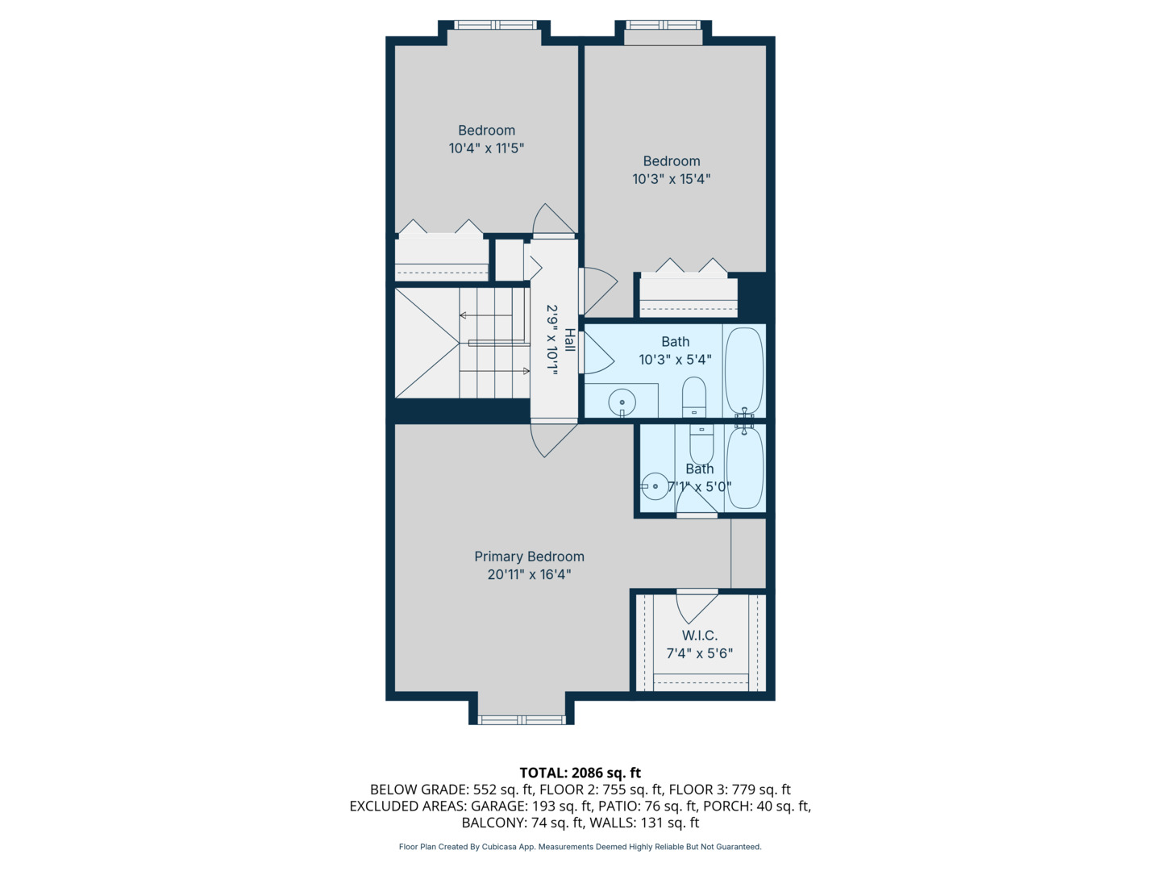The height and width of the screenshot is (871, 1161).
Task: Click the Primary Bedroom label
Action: pyautogui.click(x=529, y=556)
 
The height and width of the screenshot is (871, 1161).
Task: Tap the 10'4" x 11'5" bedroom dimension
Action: pyautogui.click(x=486, y=148)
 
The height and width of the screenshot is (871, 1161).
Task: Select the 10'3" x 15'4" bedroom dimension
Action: pyautogui.click(x=672, y=179)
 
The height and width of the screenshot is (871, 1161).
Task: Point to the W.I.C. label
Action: pyautogui.click(x=699, y=636)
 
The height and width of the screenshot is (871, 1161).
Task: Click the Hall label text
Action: pyautogui.click(x=570, y=340)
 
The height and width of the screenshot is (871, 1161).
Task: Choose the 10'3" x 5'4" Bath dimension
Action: pyautogui.click(x=675, y=360)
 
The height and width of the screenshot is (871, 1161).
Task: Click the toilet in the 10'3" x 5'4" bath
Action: pyautogui.click(x=693, y=397)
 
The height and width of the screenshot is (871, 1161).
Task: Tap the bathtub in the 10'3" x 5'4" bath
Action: pyautogui.click(x=743, y=371)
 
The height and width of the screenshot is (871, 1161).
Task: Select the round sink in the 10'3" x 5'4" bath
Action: pyautogui.click(x=622, y=402)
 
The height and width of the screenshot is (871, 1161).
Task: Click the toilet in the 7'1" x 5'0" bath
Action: pyautogui.click(x=701, y=444)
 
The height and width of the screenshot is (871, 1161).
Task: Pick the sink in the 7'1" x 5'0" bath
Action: pyautogui.click(x=655, y=486)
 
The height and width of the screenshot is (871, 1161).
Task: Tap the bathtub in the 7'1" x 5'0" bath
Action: pyautogui.click(x=745, y=468)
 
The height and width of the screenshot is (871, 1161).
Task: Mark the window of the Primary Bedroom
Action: pyautogui.click(x=522, y=719)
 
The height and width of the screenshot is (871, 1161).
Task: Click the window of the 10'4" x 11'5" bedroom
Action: pyautogui.click(x=495, y=25)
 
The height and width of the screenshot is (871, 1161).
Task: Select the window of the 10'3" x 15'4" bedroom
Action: pyautogui.click(x=663, y=25)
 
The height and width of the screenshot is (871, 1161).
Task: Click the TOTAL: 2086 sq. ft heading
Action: pyautogui.click(x=580, y=773)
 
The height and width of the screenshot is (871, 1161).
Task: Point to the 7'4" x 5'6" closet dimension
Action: pyautogui.click(x=699, y=653)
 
